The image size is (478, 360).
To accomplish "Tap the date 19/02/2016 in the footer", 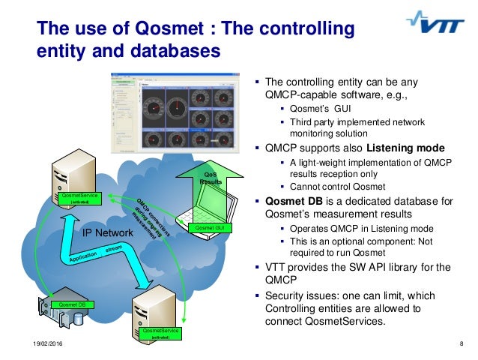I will [x=28, y=343].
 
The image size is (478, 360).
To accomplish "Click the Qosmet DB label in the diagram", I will [x=72, y=305].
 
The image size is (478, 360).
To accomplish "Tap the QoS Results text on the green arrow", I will [x=212, y=178].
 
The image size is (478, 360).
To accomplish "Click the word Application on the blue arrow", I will [x=83, y=258].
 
